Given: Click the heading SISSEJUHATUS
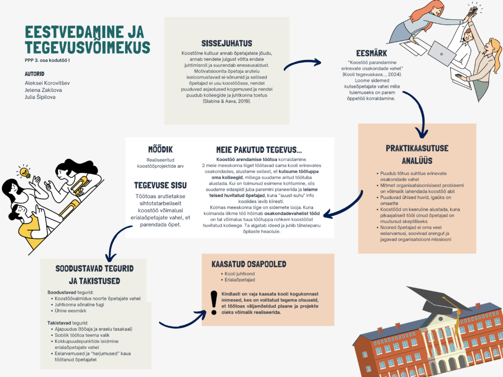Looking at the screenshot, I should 226,43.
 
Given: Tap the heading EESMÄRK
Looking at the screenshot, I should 372,54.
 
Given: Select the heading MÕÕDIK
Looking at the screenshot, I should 160,149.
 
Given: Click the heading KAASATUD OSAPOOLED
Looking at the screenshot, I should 249,264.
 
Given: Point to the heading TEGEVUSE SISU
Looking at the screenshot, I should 160,185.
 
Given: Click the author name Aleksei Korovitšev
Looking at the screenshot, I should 47,83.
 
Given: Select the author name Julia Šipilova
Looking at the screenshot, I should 40,97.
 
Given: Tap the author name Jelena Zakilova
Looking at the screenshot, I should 44,90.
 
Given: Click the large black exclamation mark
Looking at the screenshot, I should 214,302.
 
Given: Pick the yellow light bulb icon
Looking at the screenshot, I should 24,172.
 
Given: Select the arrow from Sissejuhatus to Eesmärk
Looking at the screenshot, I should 302,63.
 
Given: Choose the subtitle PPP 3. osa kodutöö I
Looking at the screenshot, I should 47,60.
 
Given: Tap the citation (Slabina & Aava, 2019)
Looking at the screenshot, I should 226,101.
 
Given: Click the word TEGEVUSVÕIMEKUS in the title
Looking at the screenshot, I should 87,48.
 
